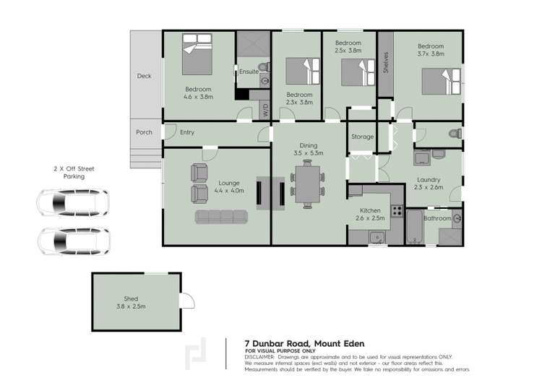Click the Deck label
[145, 76]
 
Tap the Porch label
[145, 132]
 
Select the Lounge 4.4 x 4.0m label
[230, 187]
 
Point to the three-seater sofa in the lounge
[222, 217]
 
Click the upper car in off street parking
[72, 203]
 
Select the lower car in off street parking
[72, 241]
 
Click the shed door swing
[187, 300]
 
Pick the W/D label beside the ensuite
[265, 111]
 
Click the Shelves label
[386, 62]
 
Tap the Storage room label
[362, 137]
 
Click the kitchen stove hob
[397, 211]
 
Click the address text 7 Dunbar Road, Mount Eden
[285, 343]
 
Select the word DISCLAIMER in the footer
[259, 357]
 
